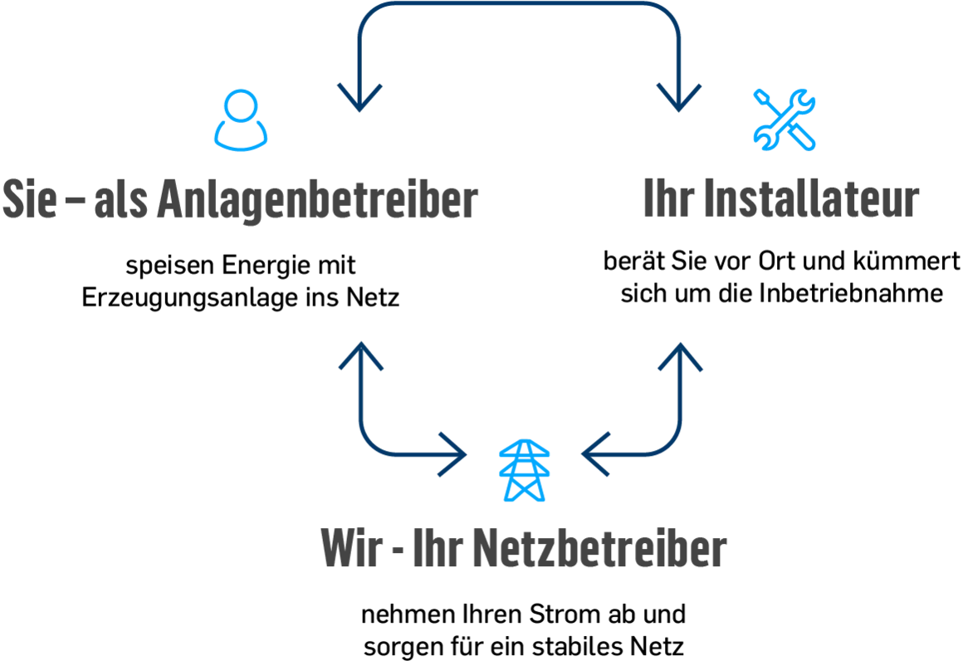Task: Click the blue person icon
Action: tap(242, 120)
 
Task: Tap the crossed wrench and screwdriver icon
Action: tap(784, 120)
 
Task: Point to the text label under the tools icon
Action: tap(781, 201)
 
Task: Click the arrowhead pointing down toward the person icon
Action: tap(358, 98)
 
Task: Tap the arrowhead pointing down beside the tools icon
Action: tap(679, 98)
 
